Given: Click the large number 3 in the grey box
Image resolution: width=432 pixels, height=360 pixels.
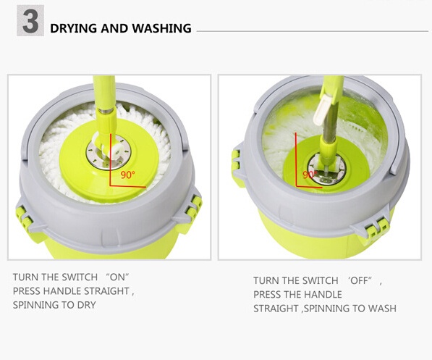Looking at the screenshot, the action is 30,21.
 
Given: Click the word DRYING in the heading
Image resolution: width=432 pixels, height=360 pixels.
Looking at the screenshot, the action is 74,28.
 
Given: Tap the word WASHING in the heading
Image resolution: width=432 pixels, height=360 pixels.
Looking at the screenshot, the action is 161,28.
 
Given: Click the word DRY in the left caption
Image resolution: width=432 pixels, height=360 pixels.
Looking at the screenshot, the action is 87,305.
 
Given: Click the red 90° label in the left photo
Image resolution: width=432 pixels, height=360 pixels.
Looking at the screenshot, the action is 128,175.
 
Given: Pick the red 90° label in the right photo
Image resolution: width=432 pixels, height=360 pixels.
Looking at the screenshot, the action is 310,175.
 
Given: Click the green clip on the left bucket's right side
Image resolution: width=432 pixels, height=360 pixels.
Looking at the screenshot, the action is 194,206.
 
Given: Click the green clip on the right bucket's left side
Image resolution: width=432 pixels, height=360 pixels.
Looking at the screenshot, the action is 237,159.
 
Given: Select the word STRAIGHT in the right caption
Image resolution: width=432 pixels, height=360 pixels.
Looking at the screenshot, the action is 276,308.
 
